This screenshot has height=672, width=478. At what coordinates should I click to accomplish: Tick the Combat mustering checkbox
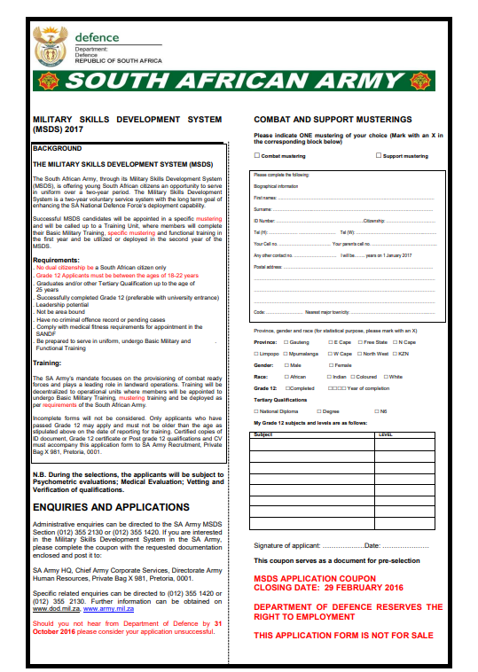(x=256, y=156)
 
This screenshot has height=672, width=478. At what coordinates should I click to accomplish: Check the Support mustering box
(x=376, y=156)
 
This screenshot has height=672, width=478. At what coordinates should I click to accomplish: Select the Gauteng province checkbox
(x=286, y=341)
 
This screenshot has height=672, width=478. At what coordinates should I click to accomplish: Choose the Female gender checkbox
(x=329, y=364)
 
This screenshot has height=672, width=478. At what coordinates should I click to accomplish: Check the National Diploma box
(x=256, y=411)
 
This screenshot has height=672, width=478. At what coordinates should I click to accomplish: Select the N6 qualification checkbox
(x=375, y=411)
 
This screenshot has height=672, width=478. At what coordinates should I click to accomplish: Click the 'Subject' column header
(x=263, y=435)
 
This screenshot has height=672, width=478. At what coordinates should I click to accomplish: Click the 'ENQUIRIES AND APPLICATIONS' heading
(x=110, y=507)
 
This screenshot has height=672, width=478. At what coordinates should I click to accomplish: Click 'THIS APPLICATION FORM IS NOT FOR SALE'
(x=343, y=636)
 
